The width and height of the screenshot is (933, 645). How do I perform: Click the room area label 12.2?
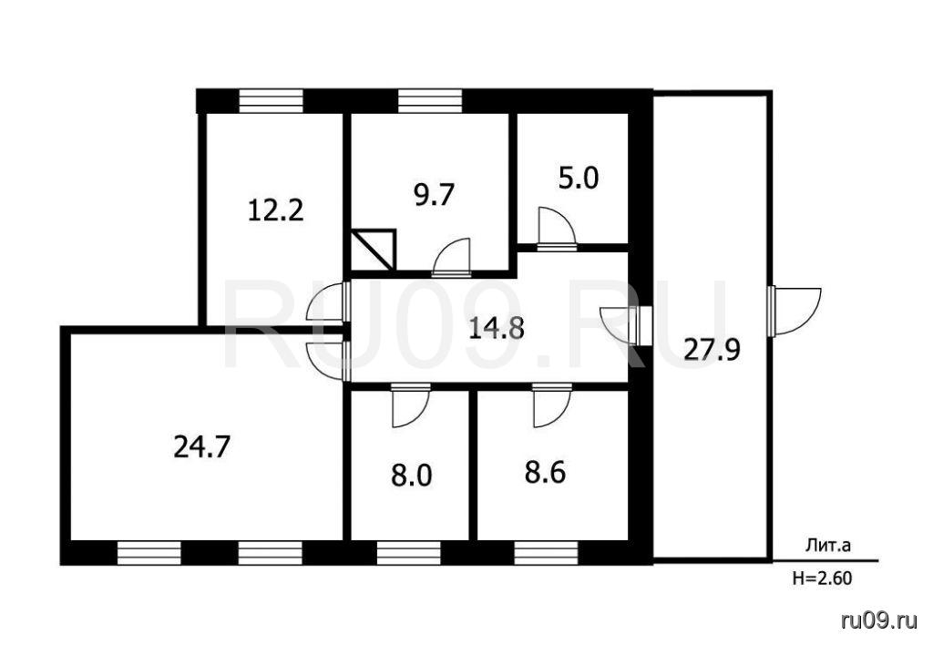[x=275, y=210]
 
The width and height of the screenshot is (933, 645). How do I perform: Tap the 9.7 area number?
[x=435, y=195]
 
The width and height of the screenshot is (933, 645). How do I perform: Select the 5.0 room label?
[x=579, y=178]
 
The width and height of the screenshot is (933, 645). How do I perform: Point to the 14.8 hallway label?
[x=497, y=328]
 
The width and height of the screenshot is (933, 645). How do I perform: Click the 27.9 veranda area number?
[x=712, y=349]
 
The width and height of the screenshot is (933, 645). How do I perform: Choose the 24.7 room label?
[x=201, y=446]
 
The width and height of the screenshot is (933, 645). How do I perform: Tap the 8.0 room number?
[x=411, y=476]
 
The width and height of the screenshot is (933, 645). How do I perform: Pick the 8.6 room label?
[x=545, y=473]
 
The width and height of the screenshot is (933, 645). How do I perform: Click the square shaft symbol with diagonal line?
[x=374, y=250]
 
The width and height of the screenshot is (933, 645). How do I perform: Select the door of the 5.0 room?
[x=557, y=227]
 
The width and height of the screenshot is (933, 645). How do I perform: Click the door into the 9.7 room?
[x=451, y=257]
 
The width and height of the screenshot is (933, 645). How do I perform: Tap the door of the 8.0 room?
[x=411, y=405]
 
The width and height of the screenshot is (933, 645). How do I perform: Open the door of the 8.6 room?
[x=552, y=405]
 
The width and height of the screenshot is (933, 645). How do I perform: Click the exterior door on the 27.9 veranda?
[x=794, y=312]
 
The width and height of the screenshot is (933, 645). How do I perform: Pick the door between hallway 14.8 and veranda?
[x=626, y=325]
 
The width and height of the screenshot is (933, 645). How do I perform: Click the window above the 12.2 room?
[x=271, y=100]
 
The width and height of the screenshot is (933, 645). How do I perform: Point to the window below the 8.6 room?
[x=547, y=553]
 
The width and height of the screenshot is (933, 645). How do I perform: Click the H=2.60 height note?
[x=822, y=578]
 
